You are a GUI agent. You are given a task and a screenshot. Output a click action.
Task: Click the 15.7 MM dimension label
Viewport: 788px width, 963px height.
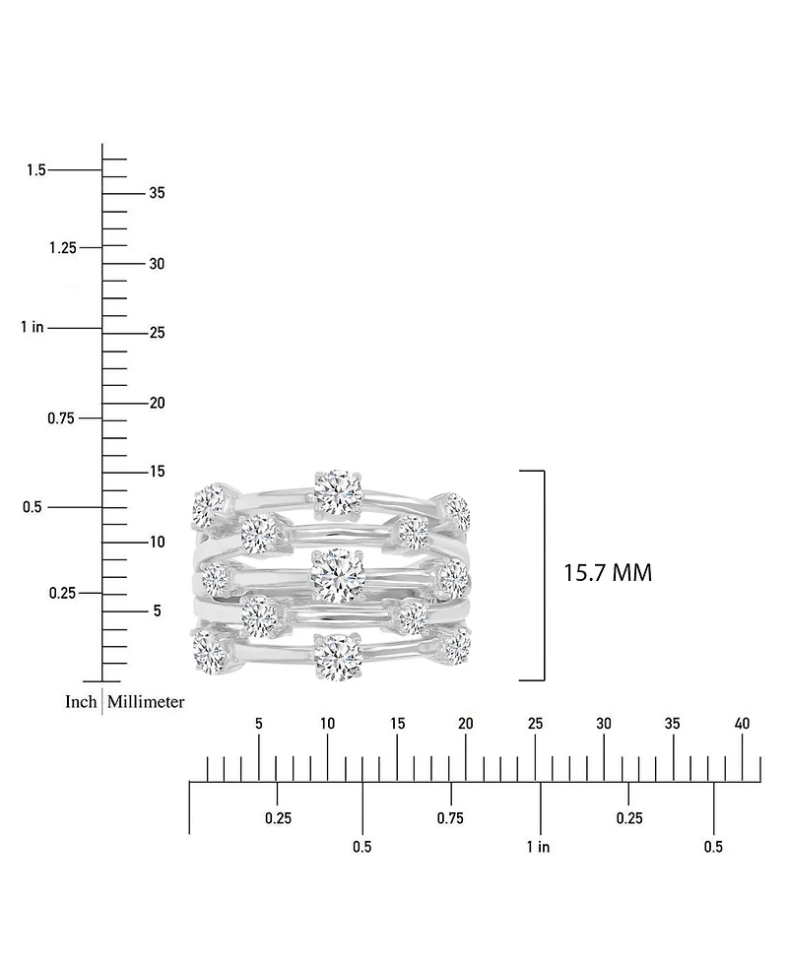tap(608, 573)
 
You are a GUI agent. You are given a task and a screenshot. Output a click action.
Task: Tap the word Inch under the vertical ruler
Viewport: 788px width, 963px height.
tap(81, 701)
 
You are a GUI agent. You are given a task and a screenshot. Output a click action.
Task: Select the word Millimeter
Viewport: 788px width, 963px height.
tap(146, 701)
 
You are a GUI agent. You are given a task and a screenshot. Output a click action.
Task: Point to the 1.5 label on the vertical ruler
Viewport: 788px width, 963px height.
tap(36, 169)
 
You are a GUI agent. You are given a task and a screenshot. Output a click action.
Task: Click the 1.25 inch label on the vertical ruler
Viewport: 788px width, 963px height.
tap(63, 247)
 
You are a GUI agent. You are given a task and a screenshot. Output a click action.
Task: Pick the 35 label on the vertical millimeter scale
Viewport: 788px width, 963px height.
tap(157, 193)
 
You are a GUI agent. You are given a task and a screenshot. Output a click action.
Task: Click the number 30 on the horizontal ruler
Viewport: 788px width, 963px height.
tap(604, 724)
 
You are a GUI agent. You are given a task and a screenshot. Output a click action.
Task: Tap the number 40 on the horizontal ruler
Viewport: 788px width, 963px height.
tap(742, 724)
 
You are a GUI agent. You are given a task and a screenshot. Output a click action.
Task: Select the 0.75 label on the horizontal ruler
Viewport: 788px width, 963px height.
tap(450, 818)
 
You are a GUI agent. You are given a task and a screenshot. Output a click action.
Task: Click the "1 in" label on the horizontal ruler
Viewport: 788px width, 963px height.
tap(538, 847)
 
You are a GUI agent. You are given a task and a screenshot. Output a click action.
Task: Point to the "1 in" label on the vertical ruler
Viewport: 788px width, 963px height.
tap(32, 327)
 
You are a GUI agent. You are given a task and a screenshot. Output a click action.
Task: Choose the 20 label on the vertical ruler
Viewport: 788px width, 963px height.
tap(157, 403)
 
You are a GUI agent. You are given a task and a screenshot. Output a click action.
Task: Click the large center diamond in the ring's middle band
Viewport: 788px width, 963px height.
tap(337, 576)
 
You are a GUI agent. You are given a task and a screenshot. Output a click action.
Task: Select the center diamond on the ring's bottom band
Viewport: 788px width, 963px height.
tap(337, 656)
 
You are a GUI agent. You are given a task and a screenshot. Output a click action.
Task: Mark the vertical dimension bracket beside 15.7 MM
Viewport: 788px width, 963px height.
tap(533, 575)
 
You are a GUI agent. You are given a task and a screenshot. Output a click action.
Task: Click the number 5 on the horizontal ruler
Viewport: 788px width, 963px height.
tap(259, 724)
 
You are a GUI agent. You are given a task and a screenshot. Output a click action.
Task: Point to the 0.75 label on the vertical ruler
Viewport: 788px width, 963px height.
tap(61, 418)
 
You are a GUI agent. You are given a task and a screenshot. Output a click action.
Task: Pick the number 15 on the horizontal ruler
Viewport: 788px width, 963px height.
tap(397, 724)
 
